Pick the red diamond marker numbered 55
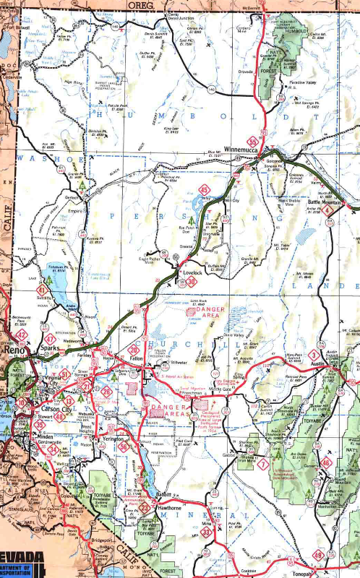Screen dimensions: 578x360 [252, 142]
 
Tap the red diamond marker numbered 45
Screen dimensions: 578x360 [205, 191]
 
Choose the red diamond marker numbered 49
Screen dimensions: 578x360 [318, 556]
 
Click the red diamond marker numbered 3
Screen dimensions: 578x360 [313, 354]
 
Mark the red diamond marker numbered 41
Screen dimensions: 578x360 [24, 290]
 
